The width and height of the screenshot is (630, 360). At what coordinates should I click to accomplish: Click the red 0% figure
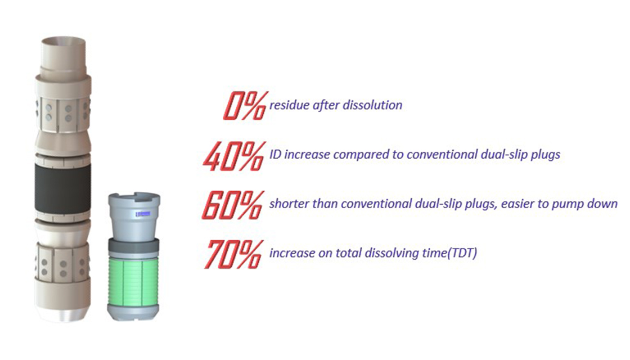point(245,106)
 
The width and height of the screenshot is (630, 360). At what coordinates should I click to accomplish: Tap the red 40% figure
point(235,155)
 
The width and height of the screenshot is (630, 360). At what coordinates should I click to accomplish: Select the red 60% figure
point(233,205)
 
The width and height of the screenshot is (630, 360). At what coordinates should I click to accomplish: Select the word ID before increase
point(275,154)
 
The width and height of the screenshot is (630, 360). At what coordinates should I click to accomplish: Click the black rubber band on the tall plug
point(62,188)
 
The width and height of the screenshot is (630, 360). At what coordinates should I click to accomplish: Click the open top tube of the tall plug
point(64,54)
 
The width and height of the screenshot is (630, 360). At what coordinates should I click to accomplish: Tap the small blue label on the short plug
point(143,214)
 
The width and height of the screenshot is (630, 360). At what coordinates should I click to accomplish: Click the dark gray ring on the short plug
point(134,246)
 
